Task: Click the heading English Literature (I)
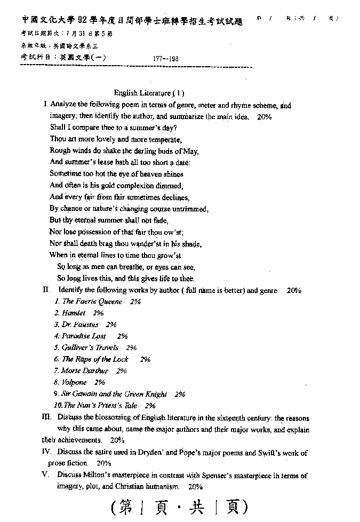(x=149, y=93)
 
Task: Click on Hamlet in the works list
(x=74, y=313)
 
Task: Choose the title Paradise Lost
(x=84, y=336)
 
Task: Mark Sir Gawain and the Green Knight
(x=114, y=394)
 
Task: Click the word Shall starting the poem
(x=58, y=128)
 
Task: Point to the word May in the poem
(x=191, y=151)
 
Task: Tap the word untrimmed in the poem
(x=189, y=209)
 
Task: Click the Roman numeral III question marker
(x=47, y=417)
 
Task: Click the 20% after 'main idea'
(x=264, y=116)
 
